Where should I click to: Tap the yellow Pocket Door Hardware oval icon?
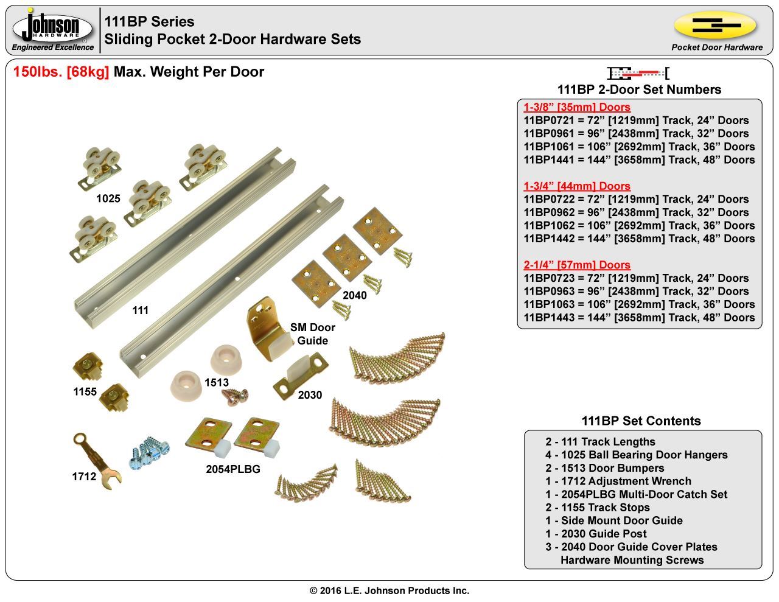pyautogui.click(x=715, y=25)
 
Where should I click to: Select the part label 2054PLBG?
pyautogui.click(x=233, y=469)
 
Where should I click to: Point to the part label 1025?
pyautogui.click(x=108, y=198)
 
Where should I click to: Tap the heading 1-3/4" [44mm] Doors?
pyautogui.click(x=576, y=186)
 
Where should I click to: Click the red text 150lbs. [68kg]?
pyautogui.click(x=61, y=72)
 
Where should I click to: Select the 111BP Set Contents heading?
pyautogui.click(x=641, y=421)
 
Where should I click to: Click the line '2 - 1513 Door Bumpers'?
pyautogui.click(x=604, y=468)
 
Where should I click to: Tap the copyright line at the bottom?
pyautogui.click(x=389, y=590)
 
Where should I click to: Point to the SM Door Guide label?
pyautogui.click(x=313, y=334)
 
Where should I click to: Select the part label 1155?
pyautogui.click(x=85, y=391)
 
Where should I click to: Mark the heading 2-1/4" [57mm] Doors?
pyautogui.click(x=576, y=265)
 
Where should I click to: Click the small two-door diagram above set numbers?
pyautogui.click(x=638, y=74)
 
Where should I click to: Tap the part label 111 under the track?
pyautogui.click(x=141, y=310)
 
